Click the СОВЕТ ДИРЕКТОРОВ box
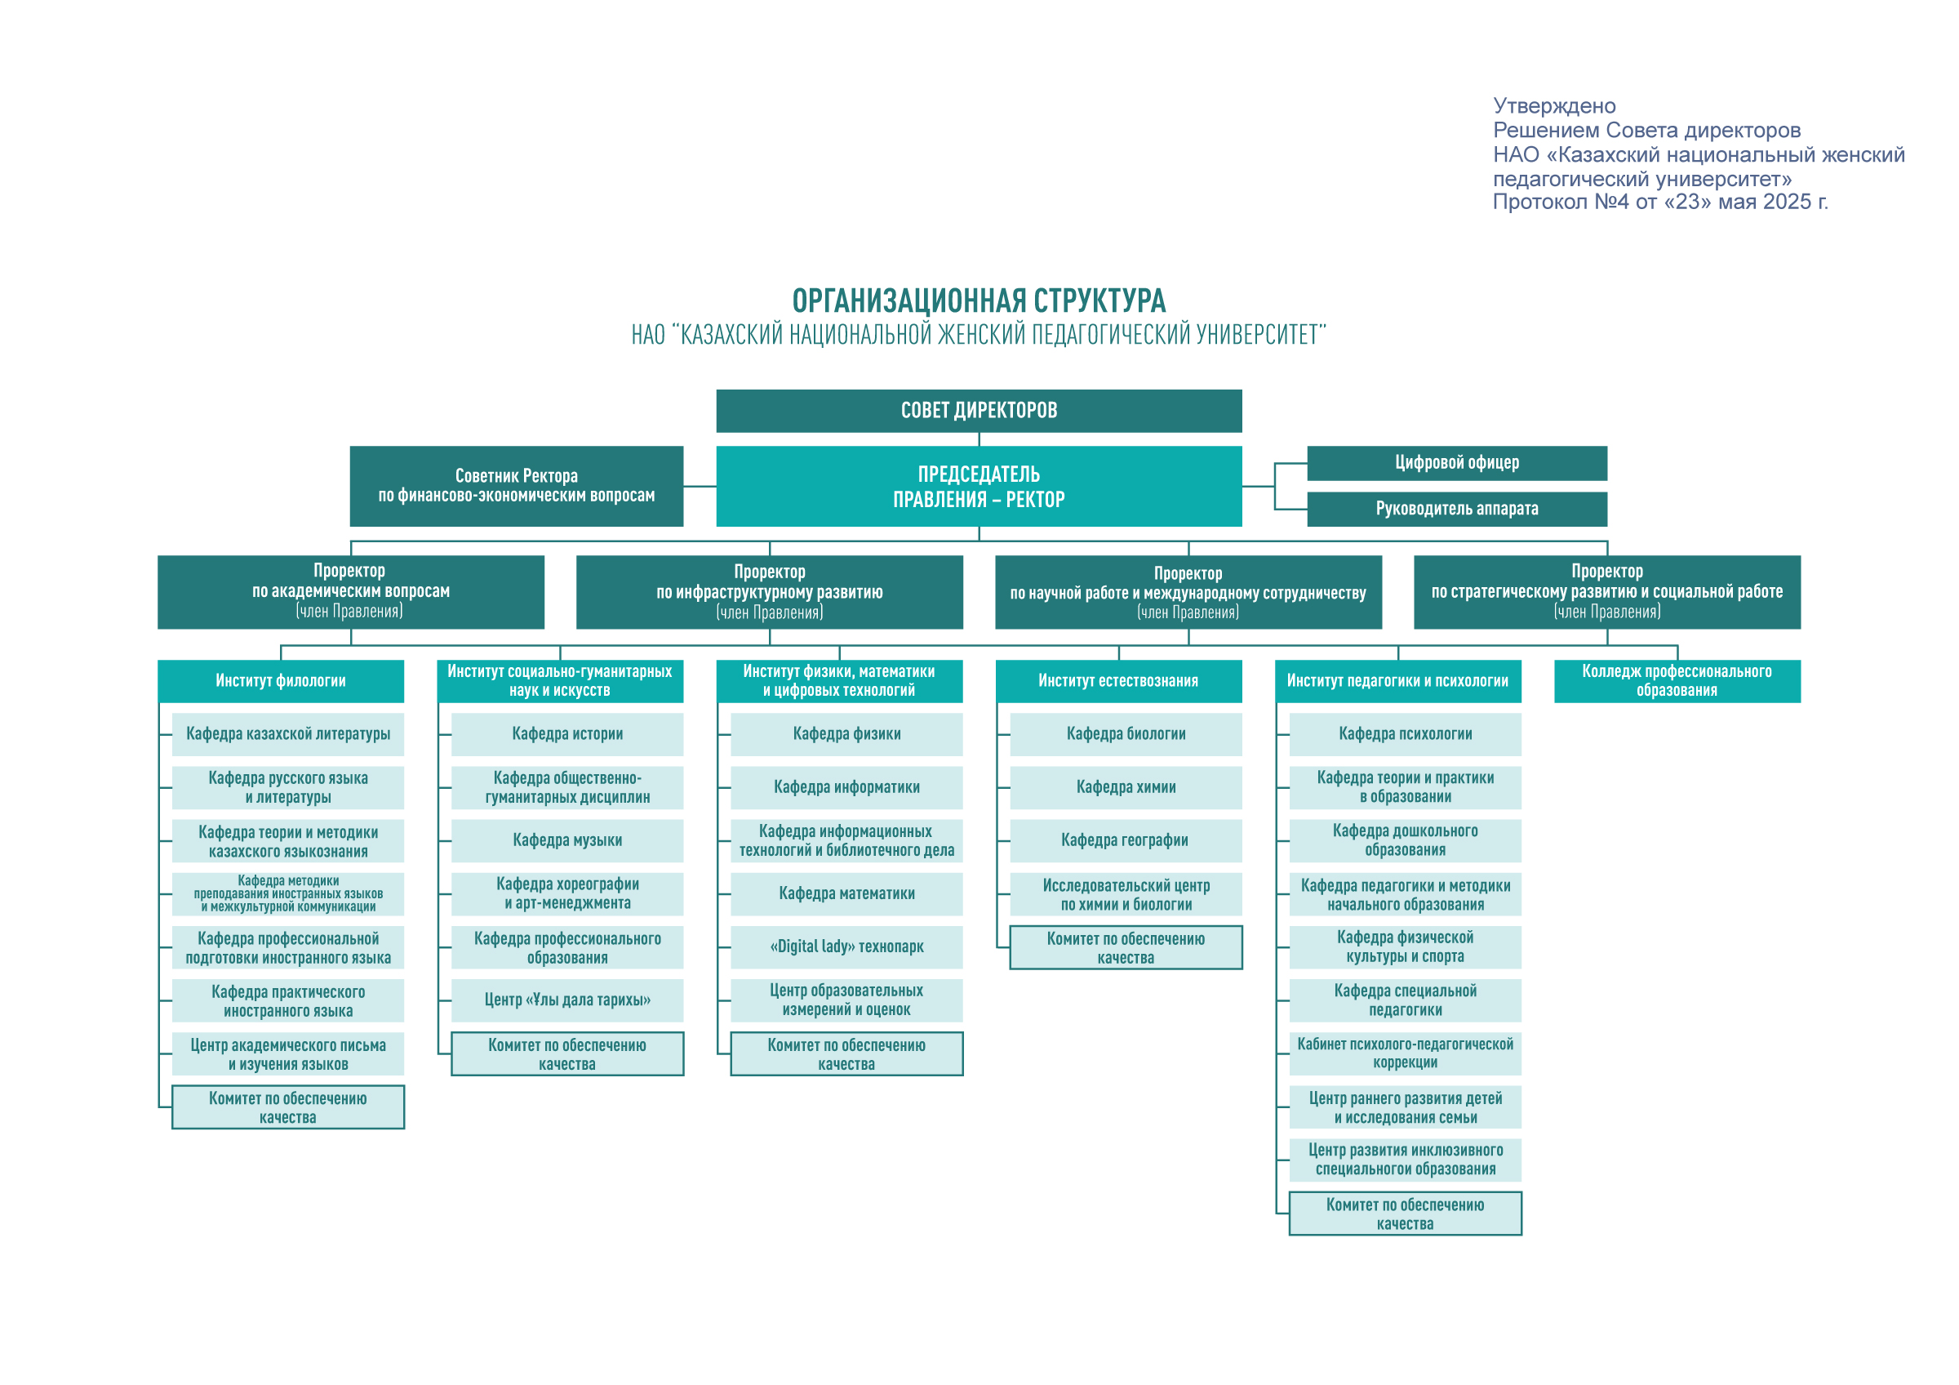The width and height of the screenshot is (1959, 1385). pos(979,411)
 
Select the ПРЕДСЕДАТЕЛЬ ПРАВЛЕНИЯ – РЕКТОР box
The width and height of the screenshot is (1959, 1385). pos(979,487)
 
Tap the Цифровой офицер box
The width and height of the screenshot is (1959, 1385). pos(1456,462)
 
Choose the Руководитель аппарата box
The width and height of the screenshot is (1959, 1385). pos(1456,509)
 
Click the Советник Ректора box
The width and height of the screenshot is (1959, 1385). pos(516,487)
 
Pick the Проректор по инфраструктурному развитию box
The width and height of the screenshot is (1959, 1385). pos(770,592)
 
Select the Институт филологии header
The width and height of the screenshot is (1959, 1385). pos(281,681)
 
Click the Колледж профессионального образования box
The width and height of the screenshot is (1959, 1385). pos(1677,681)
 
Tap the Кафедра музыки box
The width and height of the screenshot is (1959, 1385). pos(567,840)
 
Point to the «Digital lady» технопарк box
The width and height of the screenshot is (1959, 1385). pos(846,947)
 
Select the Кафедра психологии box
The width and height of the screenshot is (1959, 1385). pos(1406,734)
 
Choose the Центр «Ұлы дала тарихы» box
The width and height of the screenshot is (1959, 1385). pos(567,1000)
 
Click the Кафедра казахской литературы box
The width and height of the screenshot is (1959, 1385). pos(288,734)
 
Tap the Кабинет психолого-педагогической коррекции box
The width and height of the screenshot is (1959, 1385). pos(1406,1054)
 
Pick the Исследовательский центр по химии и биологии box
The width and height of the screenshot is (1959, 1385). pos(1126,894)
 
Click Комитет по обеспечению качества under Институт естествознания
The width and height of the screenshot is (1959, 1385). pos(1126,947)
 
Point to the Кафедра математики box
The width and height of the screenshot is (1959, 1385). pos(846,894)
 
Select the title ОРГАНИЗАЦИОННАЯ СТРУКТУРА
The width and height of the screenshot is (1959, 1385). pos(979,301)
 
